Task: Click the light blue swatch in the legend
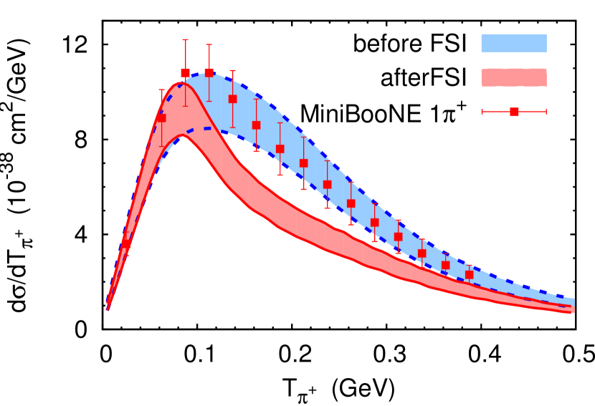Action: (x=513, y=44)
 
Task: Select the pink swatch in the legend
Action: (x=513, y=78)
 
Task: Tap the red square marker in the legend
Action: (x=514, y=112)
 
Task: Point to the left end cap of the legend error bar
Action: (x=482, y=112)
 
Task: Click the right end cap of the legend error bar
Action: (x=546, y=112)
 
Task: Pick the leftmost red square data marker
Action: (x=126, y=243)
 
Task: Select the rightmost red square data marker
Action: (x=469, y=274)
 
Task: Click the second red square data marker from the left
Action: (x=161, y=118)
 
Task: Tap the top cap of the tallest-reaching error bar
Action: (x=185, y=40)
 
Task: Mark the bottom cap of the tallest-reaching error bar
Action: (x=185, y=106)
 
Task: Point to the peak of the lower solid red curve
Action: (x=182, y=135)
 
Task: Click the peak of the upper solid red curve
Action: (x=181, y=83)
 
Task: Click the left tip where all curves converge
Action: (x=108, y=308)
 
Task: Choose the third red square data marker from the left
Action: (x=185, y=73)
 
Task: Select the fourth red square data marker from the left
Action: (x=209, y=73)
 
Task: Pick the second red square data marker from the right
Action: (x=445, y=265)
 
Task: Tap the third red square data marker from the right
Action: (x=422, y=253)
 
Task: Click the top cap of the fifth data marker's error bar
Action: (x=232, y=71)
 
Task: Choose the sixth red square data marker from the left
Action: (x=256, y=125)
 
